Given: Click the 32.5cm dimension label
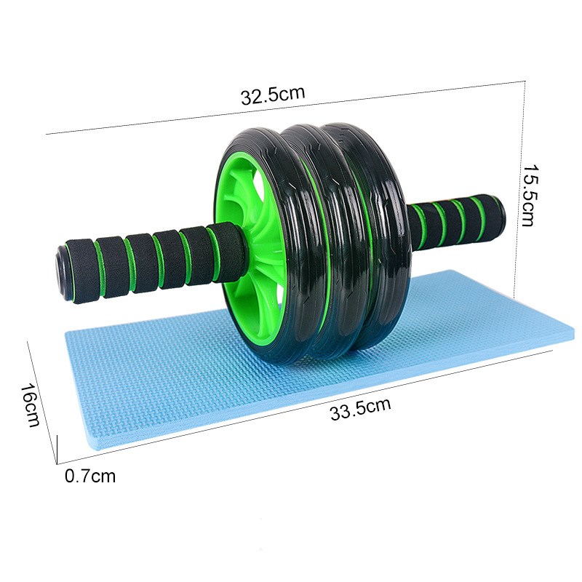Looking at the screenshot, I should click(x=272, y=96).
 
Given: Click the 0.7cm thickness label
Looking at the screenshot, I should click(x=89, y=477).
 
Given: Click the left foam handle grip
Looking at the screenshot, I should click(x=145, y=258).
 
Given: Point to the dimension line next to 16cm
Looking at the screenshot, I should click(x=42, y=400).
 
